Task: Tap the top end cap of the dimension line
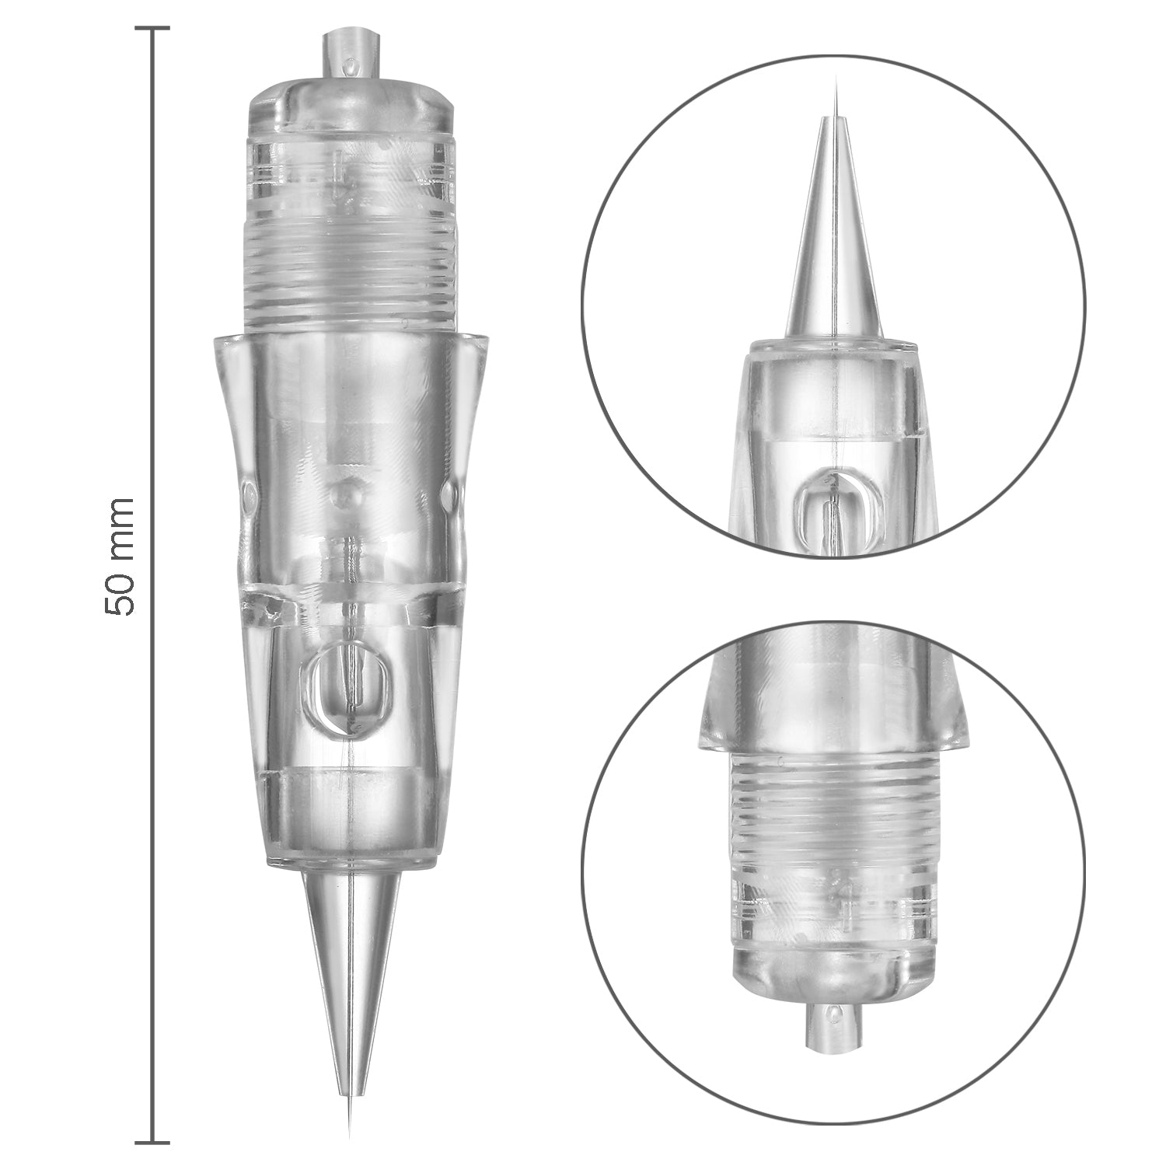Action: pos(152,29)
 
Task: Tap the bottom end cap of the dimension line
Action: pos(152,1141)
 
